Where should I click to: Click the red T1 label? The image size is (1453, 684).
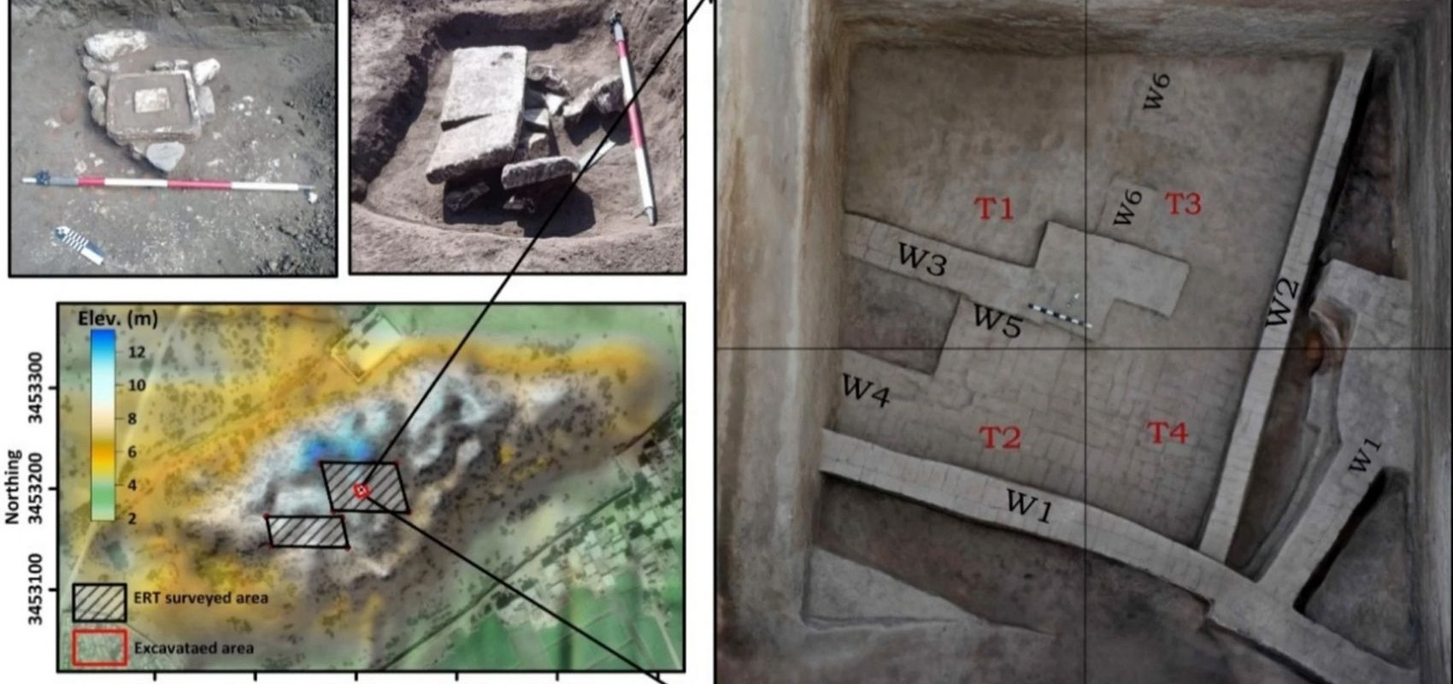coord(994,209)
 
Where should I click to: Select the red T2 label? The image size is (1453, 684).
coord(1000,438)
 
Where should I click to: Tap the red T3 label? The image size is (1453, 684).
coord(1183,203)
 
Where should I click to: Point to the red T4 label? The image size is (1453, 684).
coord(1167,433)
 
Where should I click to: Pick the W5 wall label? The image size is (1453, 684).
coord(997,320)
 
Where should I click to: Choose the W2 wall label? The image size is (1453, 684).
coord(1282,303)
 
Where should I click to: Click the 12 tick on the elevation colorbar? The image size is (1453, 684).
coord(137,351)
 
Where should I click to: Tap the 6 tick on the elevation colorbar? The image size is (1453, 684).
coord(132,451)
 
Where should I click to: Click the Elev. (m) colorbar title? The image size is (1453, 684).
coord(117,318)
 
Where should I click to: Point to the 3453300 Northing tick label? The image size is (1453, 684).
coord(36,387)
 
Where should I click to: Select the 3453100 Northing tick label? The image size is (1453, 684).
coord(36,589)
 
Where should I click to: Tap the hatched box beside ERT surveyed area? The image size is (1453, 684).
coord(99,603)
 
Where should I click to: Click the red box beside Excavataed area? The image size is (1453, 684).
coord(99,647)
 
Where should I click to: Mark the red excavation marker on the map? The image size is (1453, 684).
coord(362,492)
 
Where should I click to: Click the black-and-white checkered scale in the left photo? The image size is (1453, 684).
coord(79,245)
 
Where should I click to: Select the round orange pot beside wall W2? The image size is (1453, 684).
coord(1315,351)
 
